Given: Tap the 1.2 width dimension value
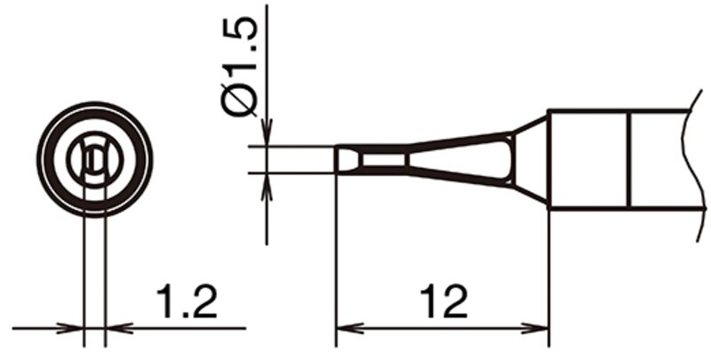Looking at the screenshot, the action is (x=187, y=301).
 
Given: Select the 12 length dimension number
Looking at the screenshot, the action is (x=443, y=301).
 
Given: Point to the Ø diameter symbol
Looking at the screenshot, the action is (x=239, y=100).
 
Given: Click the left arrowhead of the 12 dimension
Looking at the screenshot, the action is (x=349, y=328).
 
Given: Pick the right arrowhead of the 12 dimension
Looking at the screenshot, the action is (x=535, y=328).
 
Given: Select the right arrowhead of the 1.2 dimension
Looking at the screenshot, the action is (x=119, y=328).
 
